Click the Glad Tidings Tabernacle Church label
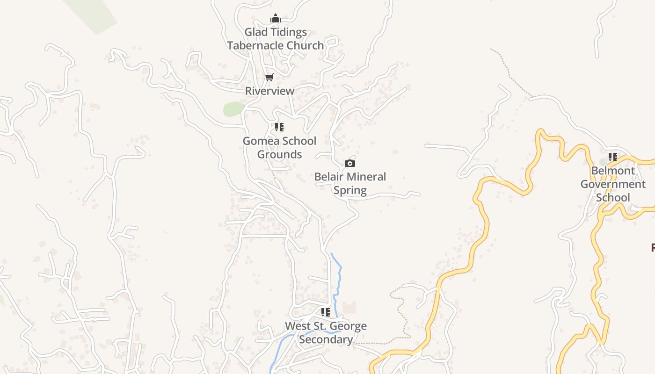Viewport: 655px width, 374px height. pyautogui.click(x=276, y=39)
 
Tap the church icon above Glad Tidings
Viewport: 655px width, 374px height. pyautogui.click(x=276, y=19)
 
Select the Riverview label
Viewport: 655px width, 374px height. pyautogui.click(x=270, y=91)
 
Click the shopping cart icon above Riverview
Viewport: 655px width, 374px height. pyautogui.click(x=269, y=78)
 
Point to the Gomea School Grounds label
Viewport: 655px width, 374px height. pyautogui.click(x=279, y=147)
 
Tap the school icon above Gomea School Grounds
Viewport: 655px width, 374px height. pyautogui.click(x=279, y=127)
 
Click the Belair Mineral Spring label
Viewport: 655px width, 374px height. pyautogui.click(x=350, y=183)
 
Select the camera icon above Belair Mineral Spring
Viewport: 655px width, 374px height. pyautogui.click(x=350, y=163)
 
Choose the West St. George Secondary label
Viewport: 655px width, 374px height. pyautogui.click(x=326, y=332)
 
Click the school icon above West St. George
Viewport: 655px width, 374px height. pyautogui.click(x=326, y=312)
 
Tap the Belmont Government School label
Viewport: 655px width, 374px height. pyautogui.click(x=613, y=184)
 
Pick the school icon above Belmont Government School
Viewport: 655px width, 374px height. pyautogui.click(x=613, y=157)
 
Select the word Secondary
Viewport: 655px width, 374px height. pyautogui.click(x=326, y=339)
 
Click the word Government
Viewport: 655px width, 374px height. pyautogui.click(x=613, y=184)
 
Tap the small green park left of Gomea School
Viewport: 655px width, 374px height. pyautogui.click(x=233, y=109)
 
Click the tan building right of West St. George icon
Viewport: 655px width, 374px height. pyautogui.click(x=349, y=308)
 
